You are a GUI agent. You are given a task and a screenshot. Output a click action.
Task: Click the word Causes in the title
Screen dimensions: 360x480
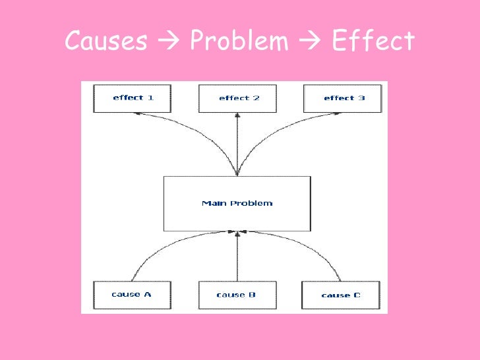pos(105,42)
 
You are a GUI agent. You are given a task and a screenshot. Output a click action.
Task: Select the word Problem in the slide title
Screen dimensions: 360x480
pos(239,42)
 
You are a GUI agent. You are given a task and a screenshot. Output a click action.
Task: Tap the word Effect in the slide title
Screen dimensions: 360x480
pos(373,42)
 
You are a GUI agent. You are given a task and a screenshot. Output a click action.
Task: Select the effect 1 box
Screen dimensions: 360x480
pos(133,98)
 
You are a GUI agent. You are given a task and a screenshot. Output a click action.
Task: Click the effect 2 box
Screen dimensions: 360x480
pos(238,98)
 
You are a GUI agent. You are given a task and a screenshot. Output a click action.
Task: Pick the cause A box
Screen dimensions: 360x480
pos(132,294)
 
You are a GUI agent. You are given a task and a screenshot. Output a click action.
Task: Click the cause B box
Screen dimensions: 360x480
pos(237,295)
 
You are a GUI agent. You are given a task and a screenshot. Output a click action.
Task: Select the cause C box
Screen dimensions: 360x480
pos(341,295)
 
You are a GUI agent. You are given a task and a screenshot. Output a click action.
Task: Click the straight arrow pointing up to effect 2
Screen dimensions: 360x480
pos(237,142)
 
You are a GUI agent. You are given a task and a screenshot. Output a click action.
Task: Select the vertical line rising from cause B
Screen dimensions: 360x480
pos(237,257)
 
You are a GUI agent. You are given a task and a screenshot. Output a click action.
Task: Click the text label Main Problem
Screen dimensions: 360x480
pos(237,203)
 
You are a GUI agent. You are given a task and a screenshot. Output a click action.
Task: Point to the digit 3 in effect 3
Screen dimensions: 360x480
pos(362,98)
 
